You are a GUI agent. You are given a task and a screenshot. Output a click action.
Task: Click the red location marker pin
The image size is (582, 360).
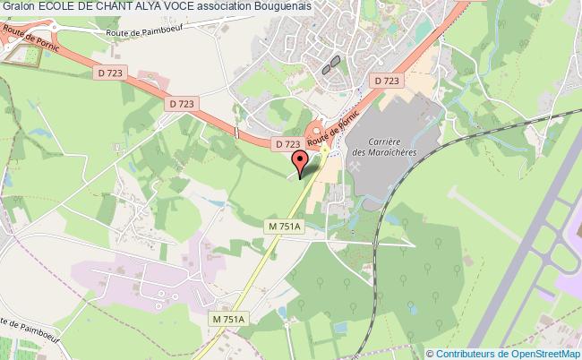pyautogui.click(x=301, y=159)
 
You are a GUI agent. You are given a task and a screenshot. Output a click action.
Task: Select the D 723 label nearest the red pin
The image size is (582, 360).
pyautogui.click(x=287, y=143)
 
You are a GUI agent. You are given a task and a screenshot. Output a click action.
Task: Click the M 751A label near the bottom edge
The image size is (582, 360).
pyautogui.click(x=228, y=319)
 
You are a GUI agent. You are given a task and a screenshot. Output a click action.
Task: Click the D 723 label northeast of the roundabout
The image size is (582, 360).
pyautogui.click(x=387, y=81)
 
